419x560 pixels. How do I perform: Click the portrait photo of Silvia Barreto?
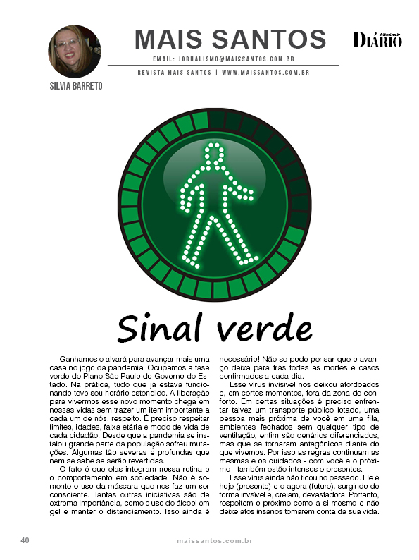pos(74,51)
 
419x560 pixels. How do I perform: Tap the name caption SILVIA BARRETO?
pos(73,85)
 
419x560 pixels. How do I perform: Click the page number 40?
pos(25,541)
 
